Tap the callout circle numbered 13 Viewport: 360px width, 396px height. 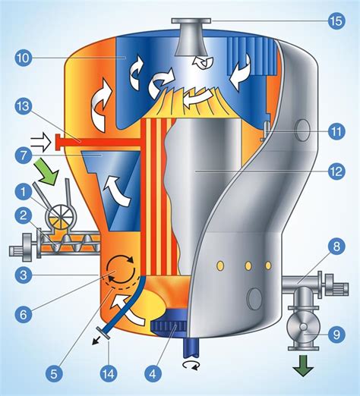coord(27,106)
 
